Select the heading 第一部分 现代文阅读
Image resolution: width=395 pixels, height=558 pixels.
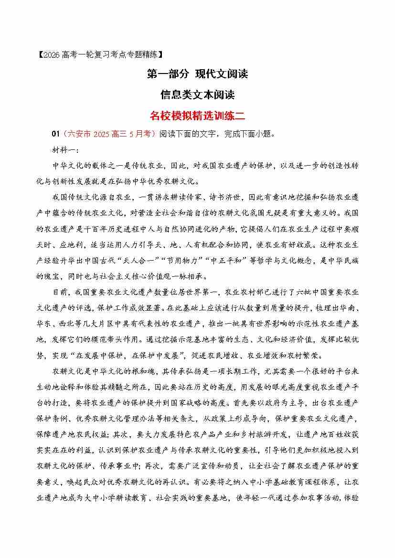197,74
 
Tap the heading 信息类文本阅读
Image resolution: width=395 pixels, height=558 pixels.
197,95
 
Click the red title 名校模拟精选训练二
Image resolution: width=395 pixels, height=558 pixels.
197,116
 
